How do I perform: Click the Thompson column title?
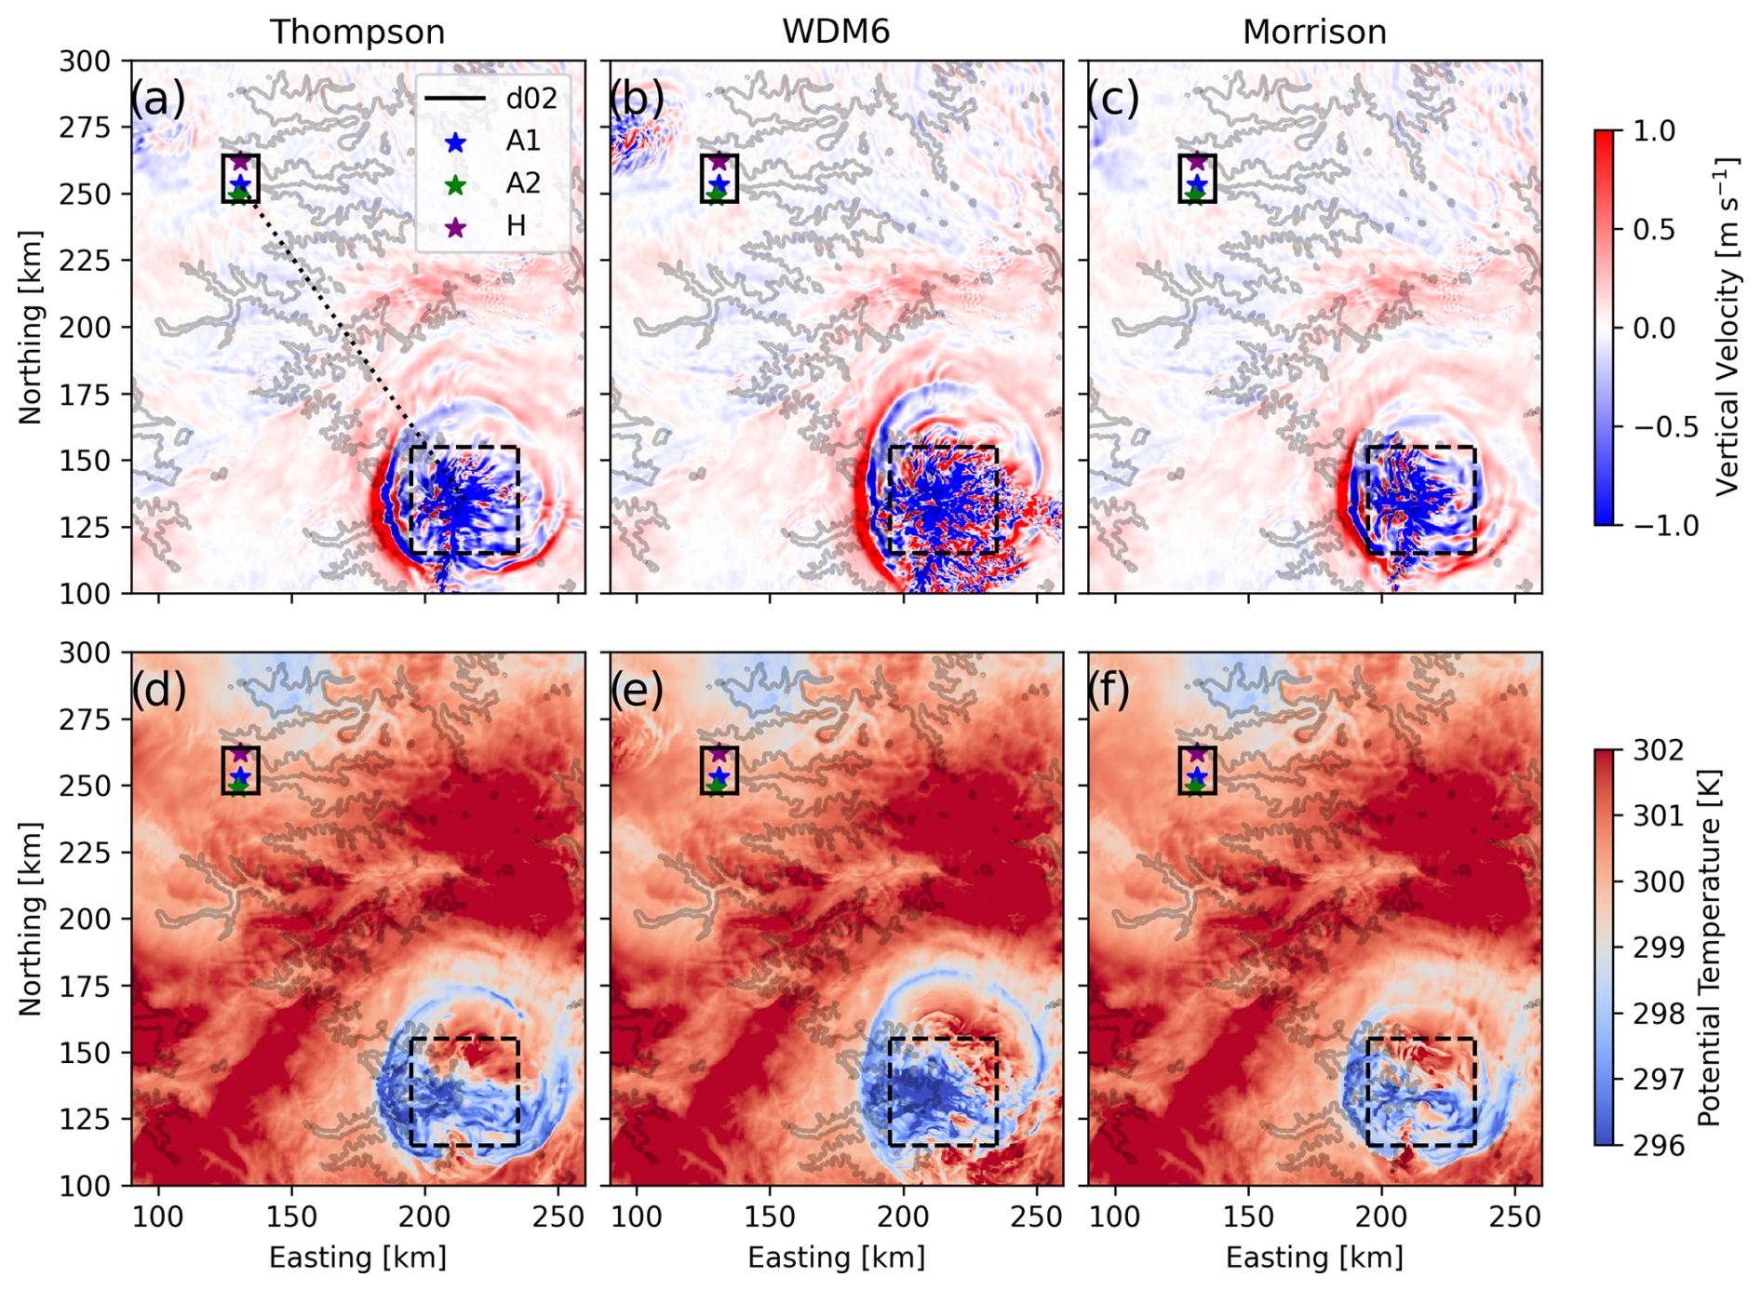click(x=357, y=33)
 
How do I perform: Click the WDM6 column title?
click(x=836, y=33)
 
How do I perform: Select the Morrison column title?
click(x=1314, y=33)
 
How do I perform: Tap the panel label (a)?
click(x=157, y=99)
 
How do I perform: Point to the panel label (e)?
click(x=637, y=690)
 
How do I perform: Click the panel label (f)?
click(x=1114, y=690)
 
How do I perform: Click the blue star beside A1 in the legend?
click(x=455, y=142)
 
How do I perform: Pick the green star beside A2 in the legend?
click(x=455, y=185)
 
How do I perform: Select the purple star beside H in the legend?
click(x=455, y=227)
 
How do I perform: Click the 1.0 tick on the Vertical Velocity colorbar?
click(x=1654, y=131)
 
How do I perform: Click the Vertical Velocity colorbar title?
click(x=1727, y=328)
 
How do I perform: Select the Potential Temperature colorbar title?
click(x=1710, y=948)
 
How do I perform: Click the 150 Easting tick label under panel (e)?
click(x=770, y=1217)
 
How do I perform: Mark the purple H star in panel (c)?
click(x=1197, y=163)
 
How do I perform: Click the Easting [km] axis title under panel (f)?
click(x=1314, y=1258)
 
